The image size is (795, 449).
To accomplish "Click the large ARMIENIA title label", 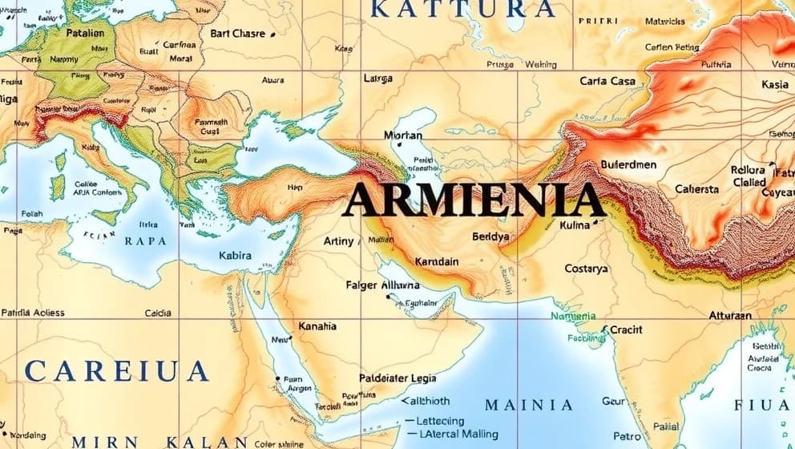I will tap(473, 200).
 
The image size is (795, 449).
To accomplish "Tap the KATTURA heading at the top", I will tap(464, 10).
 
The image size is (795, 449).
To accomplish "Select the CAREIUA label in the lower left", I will tap(116, 371).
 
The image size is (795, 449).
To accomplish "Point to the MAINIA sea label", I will tap(529, 405).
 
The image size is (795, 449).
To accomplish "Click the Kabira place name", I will tap(235, 256).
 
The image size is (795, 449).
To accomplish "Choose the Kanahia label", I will tap(317, 326).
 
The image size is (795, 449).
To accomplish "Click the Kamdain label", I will tap(437, 262).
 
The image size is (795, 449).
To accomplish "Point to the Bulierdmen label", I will tap(628, 165).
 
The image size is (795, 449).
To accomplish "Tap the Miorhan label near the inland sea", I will tap(402, 136).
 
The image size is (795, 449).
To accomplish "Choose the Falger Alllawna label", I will tap(382, 285).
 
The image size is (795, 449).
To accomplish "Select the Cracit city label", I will tap(626, 330).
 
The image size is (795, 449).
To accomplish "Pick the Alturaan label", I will tap(730, 316).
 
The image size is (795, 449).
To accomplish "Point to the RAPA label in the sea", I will tap(146, 240).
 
